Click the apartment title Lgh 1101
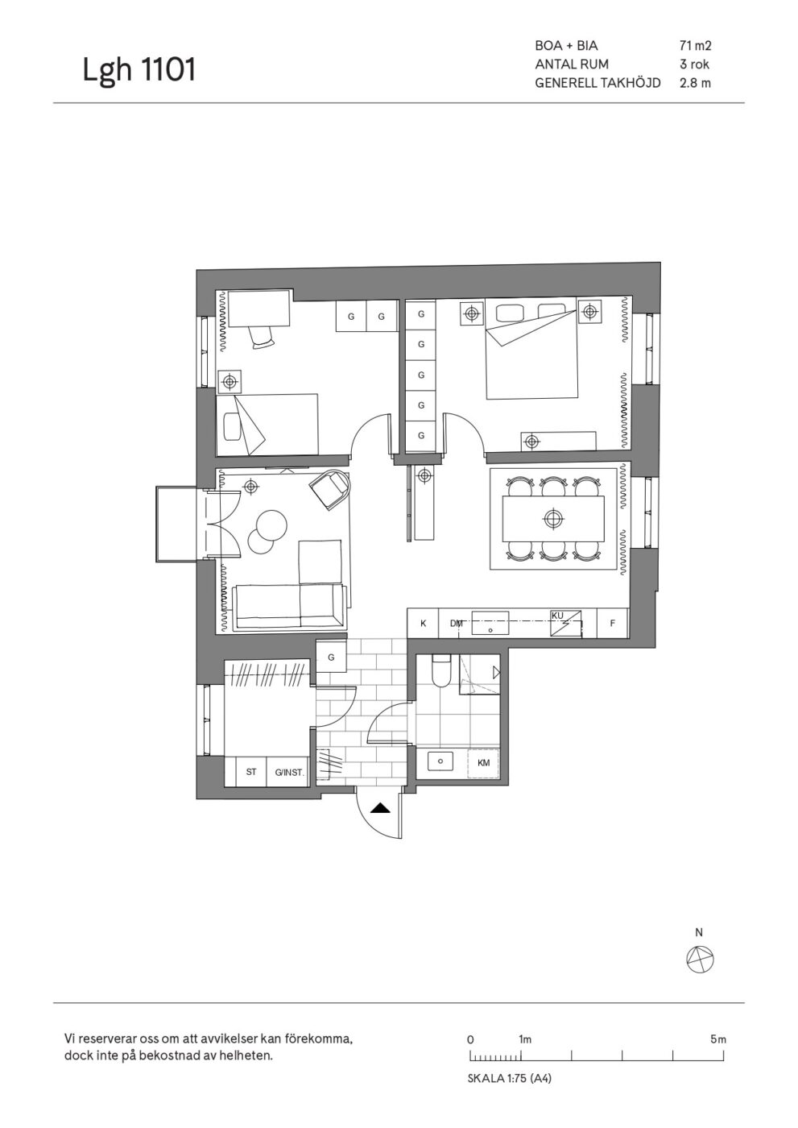coord(139,69)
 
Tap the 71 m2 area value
coord(696,46)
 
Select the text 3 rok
coord(694,64)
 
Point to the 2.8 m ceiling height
coord(696,83)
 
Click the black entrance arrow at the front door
coord(380,809)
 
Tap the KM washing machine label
coord(483,763)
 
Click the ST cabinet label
coord(251,772)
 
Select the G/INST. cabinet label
coord(289,772)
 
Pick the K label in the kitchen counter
coord(423,624)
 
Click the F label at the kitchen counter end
coord(612,624)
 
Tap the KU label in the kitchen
coord(557,616)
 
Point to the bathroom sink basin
coord(440,761)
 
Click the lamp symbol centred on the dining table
coord(553,517)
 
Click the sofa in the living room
coord(290,606)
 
